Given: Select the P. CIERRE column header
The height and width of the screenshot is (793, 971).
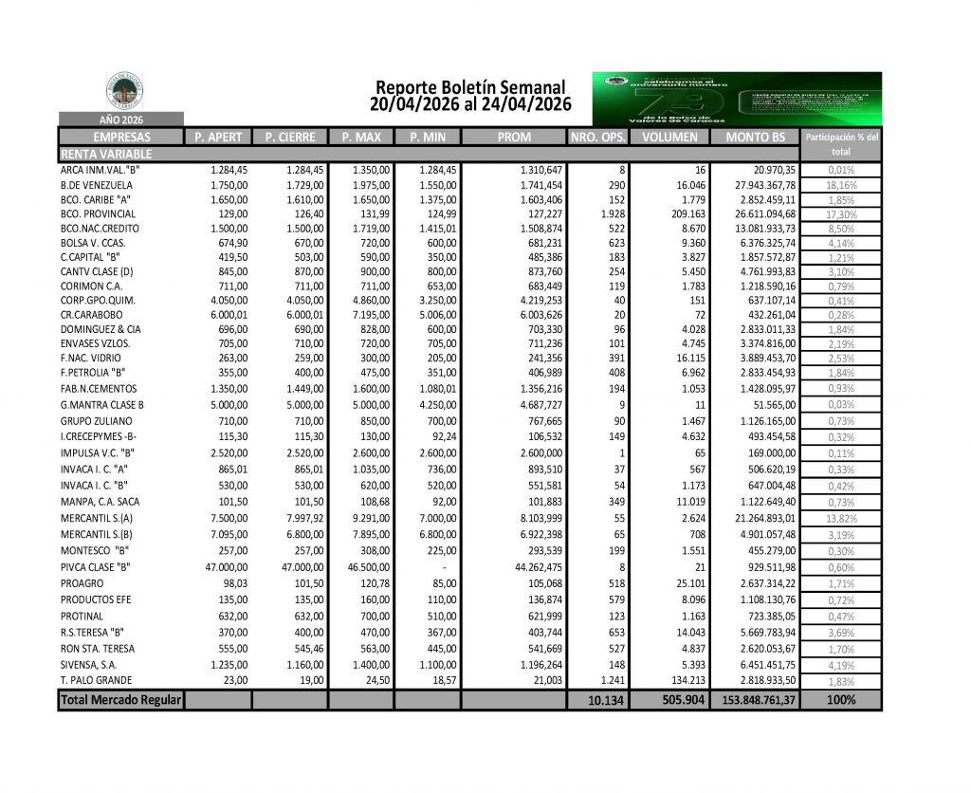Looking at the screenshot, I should point(289,138).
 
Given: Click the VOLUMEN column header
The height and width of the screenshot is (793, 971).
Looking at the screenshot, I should point(669,138).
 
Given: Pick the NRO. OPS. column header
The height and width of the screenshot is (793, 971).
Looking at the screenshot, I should point(597,138).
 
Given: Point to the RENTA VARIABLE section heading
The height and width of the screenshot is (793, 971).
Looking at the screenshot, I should point(105,153).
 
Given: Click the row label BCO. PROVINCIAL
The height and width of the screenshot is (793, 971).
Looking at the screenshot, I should point(95,216).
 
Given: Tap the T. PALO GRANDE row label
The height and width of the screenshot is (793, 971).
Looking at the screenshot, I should point(96,680).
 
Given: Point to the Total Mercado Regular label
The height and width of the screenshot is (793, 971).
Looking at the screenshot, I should point(120,700).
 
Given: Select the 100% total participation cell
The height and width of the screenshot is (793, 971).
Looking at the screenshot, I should point(841,700).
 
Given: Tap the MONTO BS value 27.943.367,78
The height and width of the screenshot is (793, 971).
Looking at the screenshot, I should point(756,185).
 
